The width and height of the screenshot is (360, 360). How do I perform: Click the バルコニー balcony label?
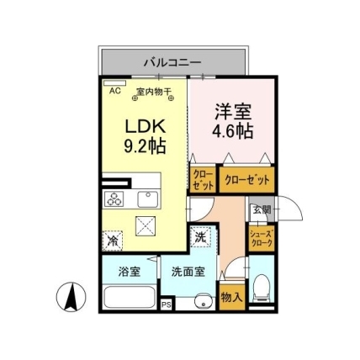pyautogui.click(x=172, y=62)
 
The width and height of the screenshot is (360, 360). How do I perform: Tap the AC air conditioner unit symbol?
pyautogui.click(x=114, y=83)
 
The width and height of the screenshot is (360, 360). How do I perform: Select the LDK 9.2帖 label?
pyautogui.click(x=145, y=137)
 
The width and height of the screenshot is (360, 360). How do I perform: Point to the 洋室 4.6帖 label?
pyautogui.click(x=233, y=121)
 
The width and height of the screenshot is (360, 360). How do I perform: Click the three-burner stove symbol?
pyautogui.click(x=114, y=199)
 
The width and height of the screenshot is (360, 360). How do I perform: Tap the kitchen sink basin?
pyautogui.click(x=148, y=199)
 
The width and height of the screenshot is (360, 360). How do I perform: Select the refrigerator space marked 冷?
pyautogui.click(x=113, y=241)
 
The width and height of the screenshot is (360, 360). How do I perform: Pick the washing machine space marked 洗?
pyautogui.click(x=200, y=236)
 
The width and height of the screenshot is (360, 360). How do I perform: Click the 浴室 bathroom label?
pyautogui.click(x=130, y=272)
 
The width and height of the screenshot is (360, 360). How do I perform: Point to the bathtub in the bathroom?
pyautogui.click(x=130, y=297)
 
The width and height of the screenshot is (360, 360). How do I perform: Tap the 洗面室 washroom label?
pyautogui.click(x=188, y=272)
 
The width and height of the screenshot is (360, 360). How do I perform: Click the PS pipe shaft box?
pyautogui.click(x=167, y=304)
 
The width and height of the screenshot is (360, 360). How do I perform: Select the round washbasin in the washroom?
pyautogui.click(x=203, y=301)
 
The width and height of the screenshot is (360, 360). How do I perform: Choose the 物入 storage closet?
pyautogui.click(x=231, y=297)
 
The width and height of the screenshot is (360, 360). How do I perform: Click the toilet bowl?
pyautogui.click(x=261, y=287)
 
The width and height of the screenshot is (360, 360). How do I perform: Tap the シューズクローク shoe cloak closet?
pyautogui.click(x=262, y=239)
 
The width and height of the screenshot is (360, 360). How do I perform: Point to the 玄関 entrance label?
pyautogui.click(x=262, y=209)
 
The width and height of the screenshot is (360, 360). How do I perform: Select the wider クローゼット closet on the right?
pyautogui.click(x=246, y=180)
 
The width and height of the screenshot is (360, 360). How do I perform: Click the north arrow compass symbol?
pyautogui.click(x=71, y=297)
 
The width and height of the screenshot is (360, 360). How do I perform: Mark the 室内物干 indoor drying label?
pyautogui.click(x=154, y=92)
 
